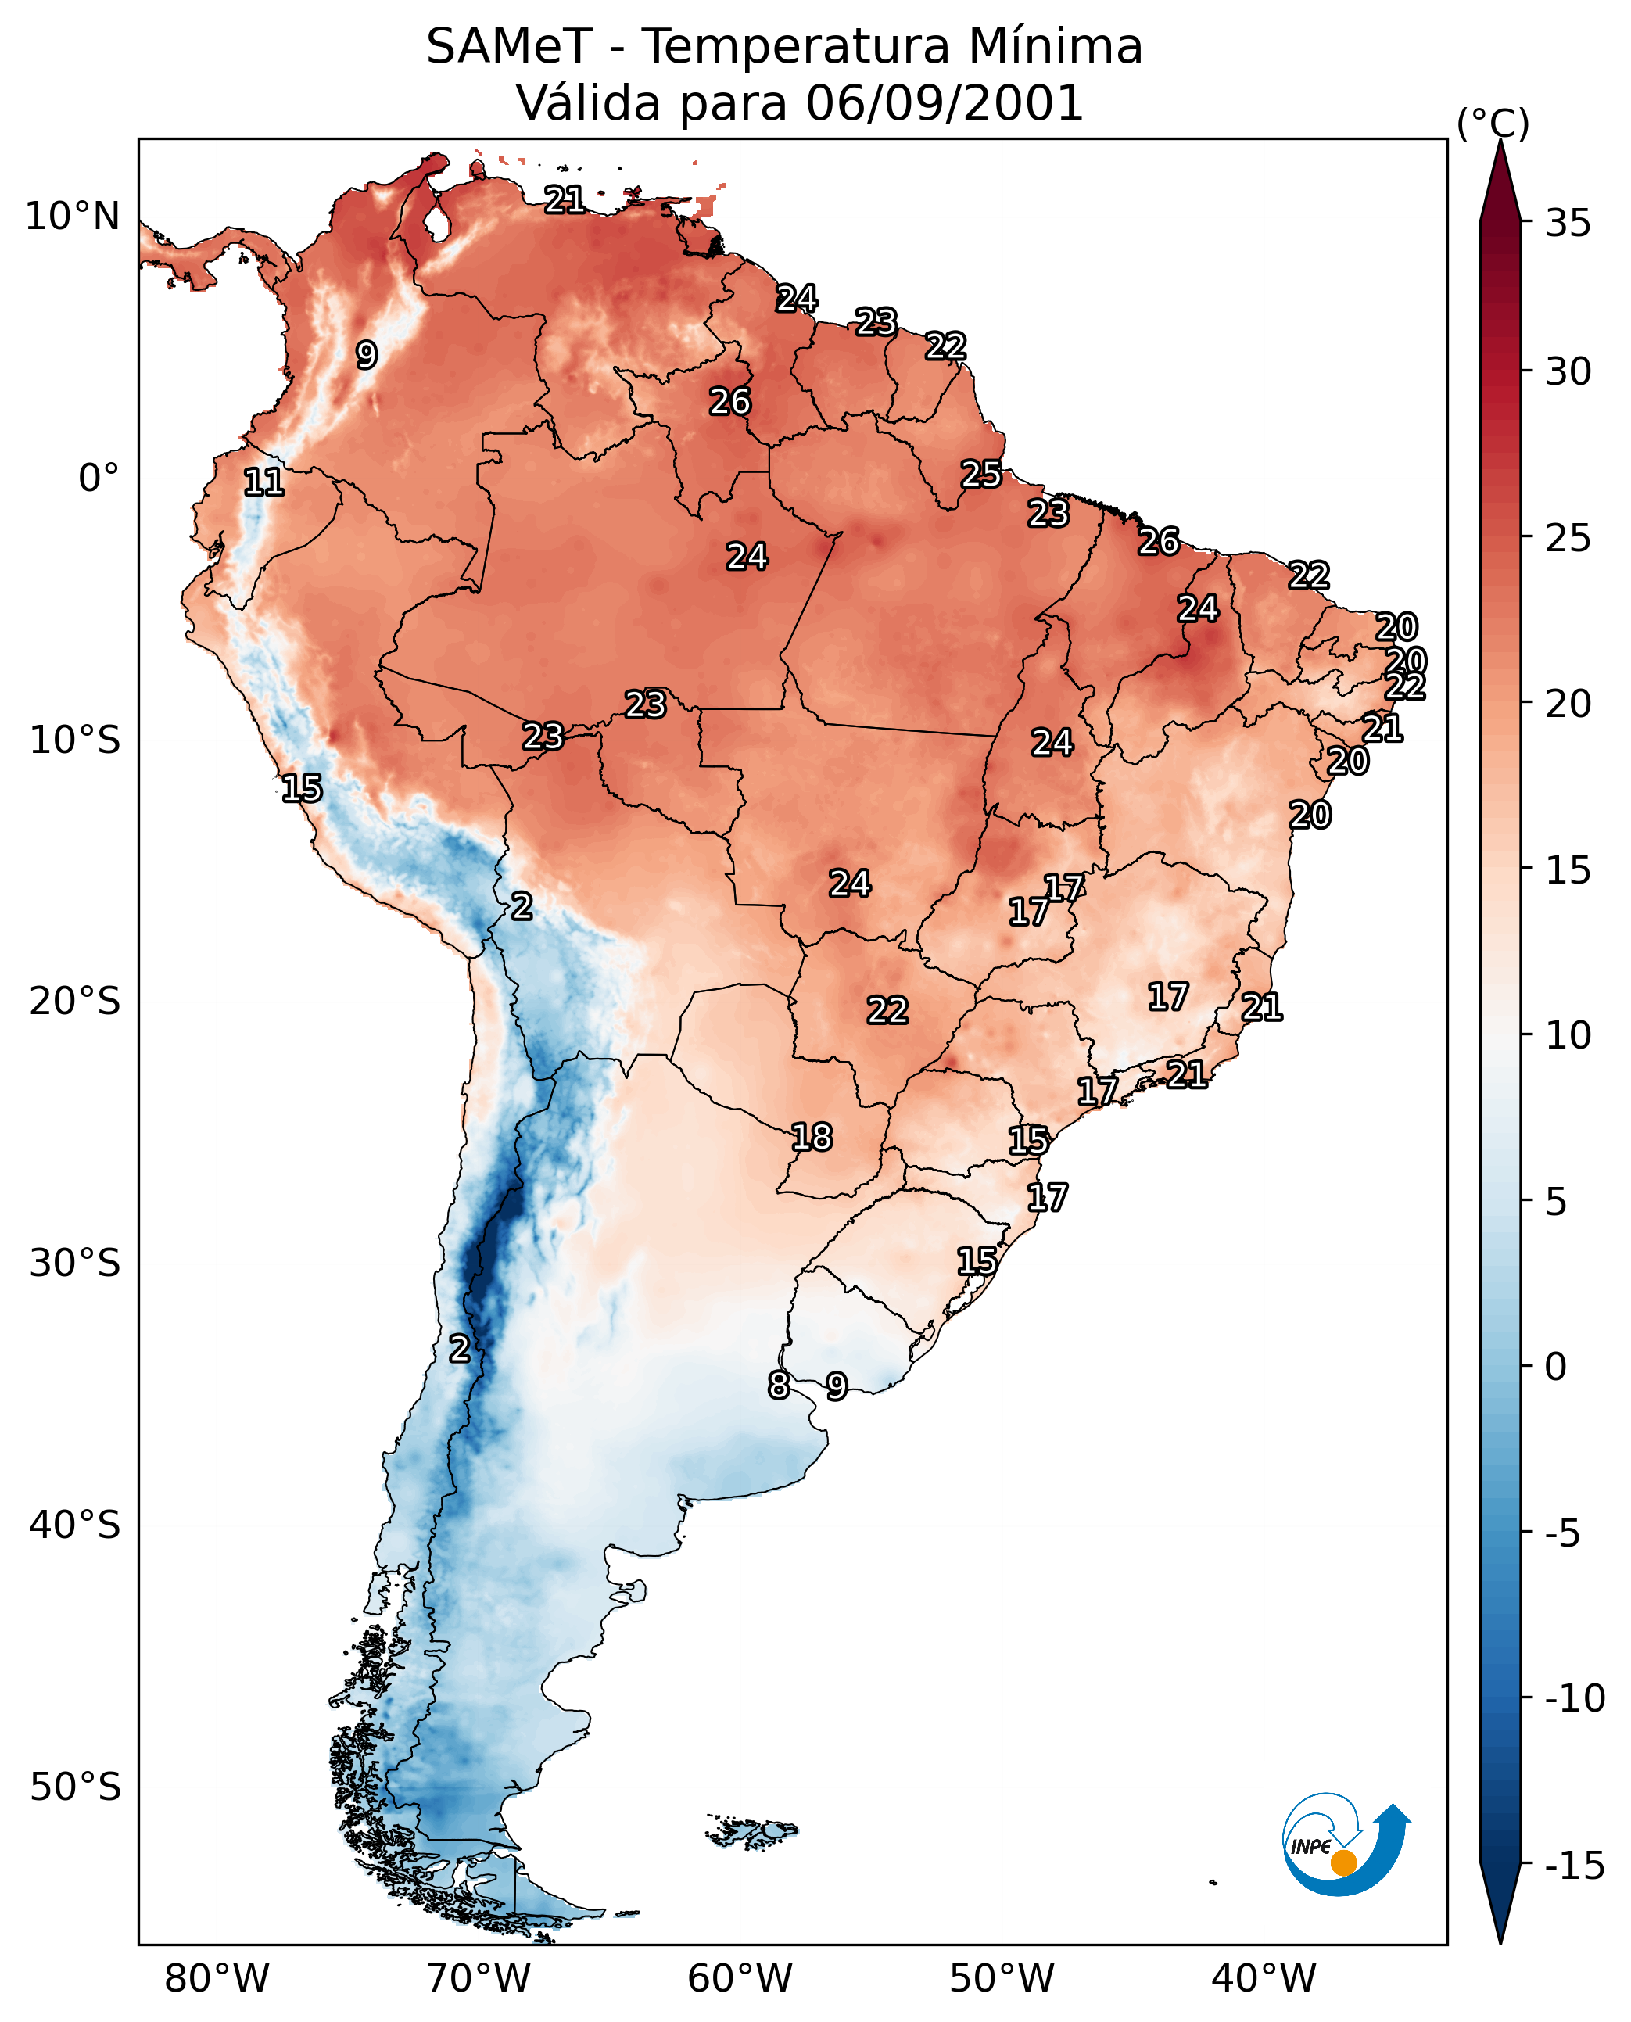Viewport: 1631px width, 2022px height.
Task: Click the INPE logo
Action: [x=1346, y=1844]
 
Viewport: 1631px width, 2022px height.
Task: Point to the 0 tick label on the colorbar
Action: [x=1556, y=1366]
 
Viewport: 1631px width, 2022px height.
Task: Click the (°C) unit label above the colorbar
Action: [x=1493, y=123]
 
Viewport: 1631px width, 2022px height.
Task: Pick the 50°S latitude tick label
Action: [x=75, y=1786]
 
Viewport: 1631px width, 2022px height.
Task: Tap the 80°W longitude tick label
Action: [x=217, y=1978]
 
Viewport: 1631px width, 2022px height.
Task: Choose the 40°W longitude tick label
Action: [x=1264, y=1978]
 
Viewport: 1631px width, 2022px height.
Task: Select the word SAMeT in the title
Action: [x=509, y=46]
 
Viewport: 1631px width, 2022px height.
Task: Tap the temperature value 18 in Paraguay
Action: [x=812, y=1137]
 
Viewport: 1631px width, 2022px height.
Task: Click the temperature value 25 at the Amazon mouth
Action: [x=980, y=474]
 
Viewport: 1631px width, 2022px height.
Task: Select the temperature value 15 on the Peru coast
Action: [x=302, y=788]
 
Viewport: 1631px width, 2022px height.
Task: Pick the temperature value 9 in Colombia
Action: [x=367, y=354]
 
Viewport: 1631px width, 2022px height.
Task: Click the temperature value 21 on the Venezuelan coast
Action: [x=565, y=199]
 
